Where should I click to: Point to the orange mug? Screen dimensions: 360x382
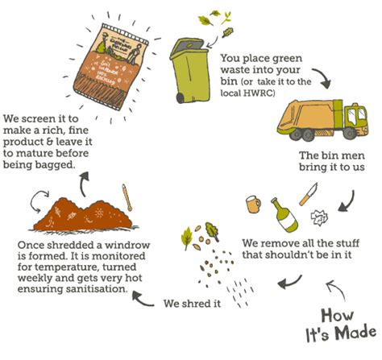click(x=253, y=205)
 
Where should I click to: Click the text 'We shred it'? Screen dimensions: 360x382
click(x=193, y=304)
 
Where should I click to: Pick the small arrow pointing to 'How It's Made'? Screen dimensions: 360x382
click(x=333, y=289)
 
